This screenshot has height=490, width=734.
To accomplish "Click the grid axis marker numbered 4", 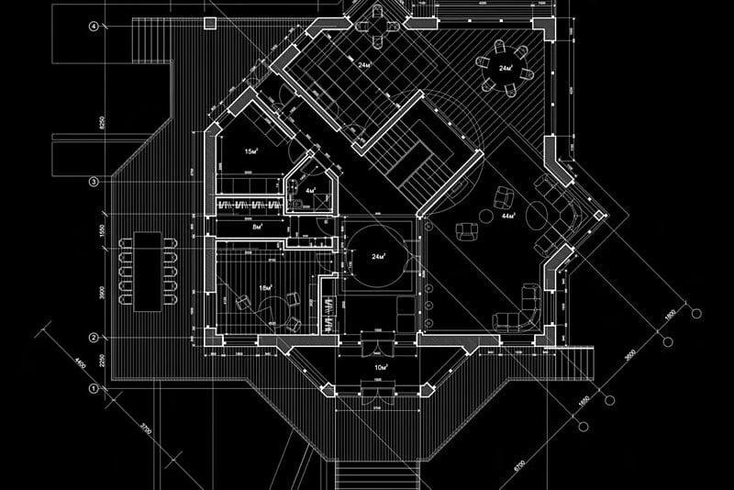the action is pos(94,27).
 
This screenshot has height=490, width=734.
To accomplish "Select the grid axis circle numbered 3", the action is pos(94,183).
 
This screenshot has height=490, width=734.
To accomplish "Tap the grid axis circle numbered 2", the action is pos(94,338).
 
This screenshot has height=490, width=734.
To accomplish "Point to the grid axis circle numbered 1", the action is pos(94,389).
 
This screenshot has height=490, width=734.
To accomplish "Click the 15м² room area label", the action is pos(250,150).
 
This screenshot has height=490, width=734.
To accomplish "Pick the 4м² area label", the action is pos(310,191).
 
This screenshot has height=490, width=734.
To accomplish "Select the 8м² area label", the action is pos(258,226).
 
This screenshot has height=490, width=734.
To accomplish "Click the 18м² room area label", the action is pos(265,289).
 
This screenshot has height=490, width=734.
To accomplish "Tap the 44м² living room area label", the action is pos(507,215).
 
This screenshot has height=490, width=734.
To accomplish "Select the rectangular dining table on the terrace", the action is pos(147,271).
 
